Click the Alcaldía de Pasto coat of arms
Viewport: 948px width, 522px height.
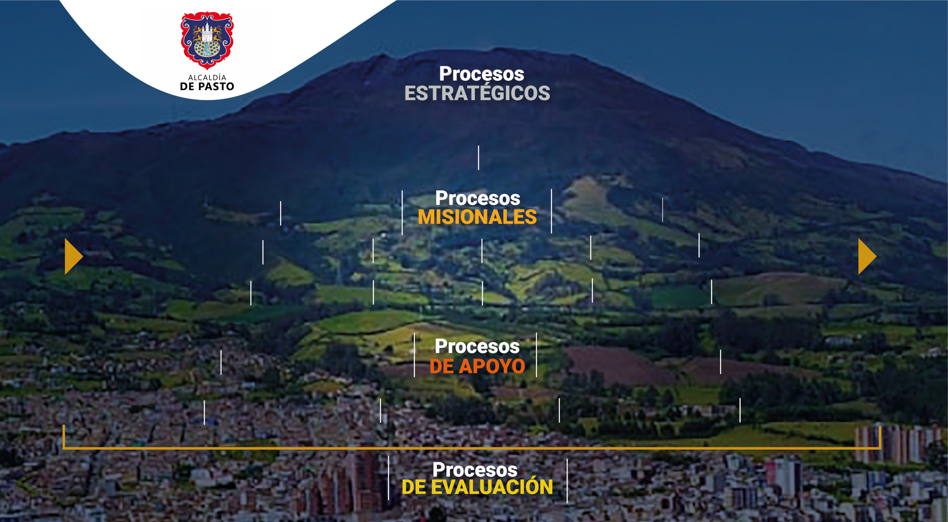point(207,41)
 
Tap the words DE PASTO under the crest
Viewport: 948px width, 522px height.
point(207,87)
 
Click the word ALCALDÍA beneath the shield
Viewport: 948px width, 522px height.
point(207,77)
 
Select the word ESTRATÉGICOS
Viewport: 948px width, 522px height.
point(477,93)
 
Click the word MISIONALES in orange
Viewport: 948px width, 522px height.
point(477,217)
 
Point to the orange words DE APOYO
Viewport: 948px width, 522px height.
point(477,366)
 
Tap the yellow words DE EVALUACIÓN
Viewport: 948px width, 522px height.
point(477,487)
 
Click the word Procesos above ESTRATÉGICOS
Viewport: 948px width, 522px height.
point(482,74)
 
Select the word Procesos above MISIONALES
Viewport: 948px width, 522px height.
point(478,198)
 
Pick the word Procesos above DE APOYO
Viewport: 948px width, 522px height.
point(477,346)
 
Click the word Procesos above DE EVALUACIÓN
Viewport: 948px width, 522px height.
point(475,469)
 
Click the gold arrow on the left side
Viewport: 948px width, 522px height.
point(73,256)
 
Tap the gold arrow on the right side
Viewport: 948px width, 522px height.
point(867,256)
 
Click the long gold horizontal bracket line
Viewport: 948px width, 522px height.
point(472,448)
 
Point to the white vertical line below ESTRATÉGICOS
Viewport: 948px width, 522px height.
point(478,157)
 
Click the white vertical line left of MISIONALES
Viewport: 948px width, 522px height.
point(402,212)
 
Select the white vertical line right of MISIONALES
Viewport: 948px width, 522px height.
point(551,211)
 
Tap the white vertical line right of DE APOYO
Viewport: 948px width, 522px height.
point(536,355)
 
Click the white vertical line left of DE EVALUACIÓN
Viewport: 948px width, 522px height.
point(388,478)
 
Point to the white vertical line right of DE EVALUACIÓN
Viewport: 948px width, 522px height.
point(567,481)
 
